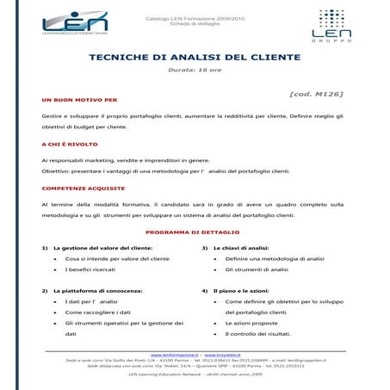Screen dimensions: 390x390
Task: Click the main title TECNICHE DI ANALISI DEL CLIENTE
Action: coord(195,58)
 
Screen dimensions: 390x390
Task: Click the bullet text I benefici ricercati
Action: coord(91,269)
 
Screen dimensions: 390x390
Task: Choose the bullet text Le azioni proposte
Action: coord(256,322)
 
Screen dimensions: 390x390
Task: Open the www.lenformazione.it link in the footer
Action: coord(175,354)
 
